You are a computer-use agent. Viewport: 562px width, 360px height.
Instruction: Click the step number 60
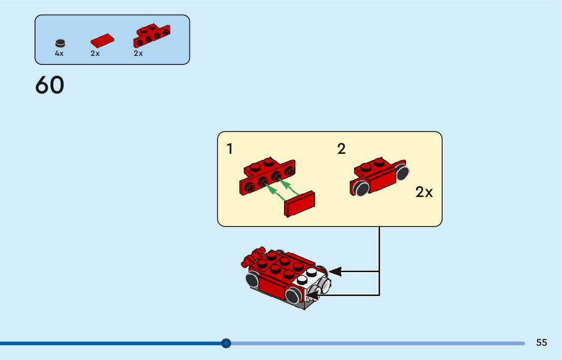pos(50,85)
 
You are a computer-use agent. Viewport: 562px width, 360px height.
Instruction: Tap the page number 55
pos(542,343)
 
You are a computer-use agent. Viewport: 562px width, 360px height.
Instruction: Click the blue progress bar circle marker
pos(226,343)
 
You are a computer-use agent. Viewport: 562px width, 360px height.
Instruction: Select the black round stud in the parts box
pos(60,43)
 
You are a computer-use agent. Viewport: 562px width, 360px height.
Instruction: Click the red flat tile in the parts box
pos(103,40)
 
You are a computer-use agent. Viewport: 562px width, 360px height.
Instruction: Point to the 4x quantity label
pos(59,53)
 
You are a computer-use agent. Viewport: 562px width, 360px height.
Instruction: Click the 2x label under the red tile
pos(95,53)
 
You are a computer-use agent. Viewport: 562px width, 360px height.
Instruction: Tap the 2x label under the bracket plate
pos(138,53)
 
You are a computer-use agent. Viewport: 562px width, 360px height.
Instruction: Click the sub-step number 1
pos(230,149)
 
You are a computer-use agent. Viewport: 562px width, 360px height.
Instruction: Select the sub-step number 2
pos(341,149)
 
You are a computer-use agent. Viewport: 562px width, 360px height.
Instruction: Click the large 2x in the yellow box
pos(424,192)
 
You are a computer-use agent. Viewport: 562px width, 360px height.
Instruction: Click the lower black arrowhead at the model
pos(312,294)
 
